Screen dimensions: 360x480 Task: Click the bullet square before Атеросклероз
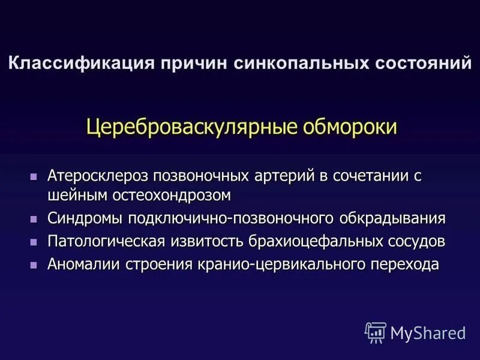point(34,178)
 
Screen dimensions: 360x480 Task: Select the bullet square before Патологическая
point(34,242)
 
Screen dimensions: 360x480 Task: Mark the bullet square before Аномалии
point(34,265)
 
